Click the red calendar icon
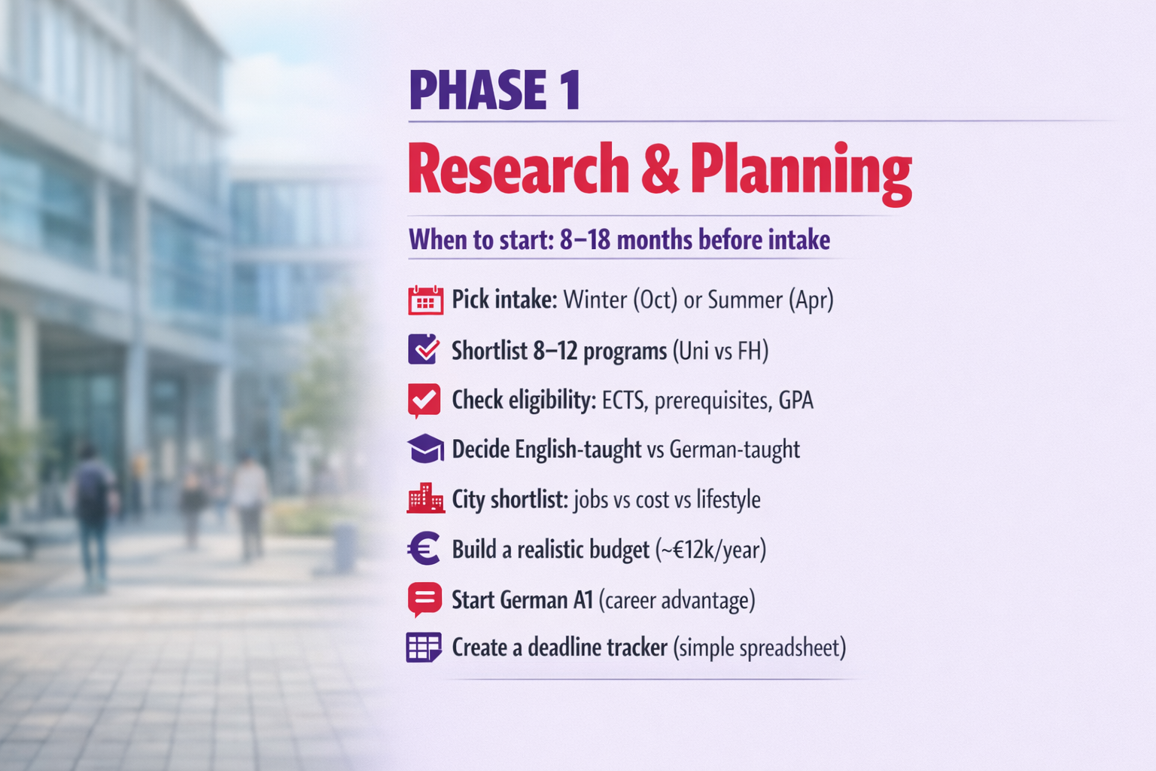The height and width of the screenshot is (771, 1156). point(425,300)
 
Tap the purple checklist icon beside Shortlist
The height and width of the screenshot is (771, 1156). point(424,349)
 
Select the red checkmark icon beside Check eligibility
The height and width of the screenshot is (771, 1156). point(424,401)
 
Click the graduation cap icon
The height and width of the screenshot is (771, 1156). point(425,448)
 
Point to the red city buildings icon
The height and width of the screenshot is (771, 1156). point(425,498)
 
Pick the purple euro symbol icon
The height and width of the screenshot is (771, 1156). point(423,548)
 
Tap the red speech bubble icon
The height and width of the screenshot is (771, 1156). point(424,599)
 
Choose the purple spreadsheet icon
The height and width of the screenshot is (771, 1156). point(424,647)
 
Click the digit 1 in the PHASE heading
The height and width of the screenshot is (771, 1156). point(572,90)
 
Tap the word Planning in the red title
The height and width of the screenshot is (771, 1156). point(802,173)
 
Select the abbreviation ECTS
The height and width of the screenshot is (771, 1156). point(625,401)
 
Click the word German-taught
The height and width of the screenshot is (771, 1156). point(735,449)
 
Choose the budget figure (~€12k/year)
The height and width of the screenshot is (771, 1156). point(710,550)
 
